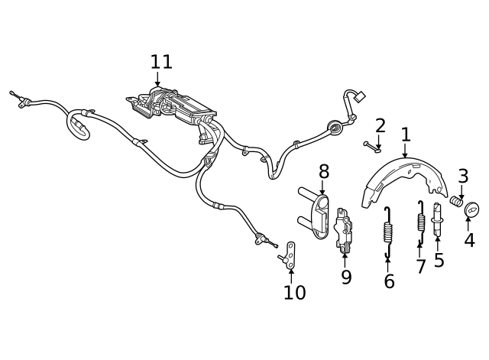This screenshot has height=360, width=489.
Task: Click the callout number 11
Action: click(x=161, y=61)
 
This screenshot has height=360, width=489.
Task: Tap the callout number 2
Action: click(x=380, y=125)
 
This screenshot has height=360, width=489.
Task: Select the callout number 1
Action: click(x=406, y=135)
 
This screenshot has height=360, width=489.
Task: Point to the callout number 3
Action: click(x=463, y=176)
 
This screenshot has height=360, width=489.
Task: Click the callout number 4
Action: click(x=469, y=240)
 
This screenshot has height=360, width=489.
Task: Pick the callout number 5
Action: click(x=439, y=260)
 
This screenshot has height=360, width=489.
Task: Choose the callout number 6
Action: click(x=389, y=281)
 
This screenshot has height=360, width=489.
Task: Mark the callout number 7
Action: click(x=420, y=266)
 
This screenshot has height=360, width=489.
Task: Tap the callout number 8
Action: click(x=324, y=171)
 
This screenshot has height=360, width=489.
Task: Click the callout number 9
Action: click(x=346, y=277)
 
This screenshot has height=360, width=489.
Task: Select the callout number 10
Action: click(x=294, y=292)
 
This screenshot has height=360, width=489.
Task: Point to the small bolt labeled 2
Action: click(x=373, y=144)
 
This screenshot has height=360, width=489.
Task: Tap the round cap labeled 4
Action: click(x=471, y=207)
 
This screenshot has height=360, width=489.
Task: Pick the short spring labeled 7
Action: click(x=420, y=221)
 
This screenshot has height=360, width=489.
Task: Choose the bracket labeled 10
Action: click(x=290, y=254)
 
